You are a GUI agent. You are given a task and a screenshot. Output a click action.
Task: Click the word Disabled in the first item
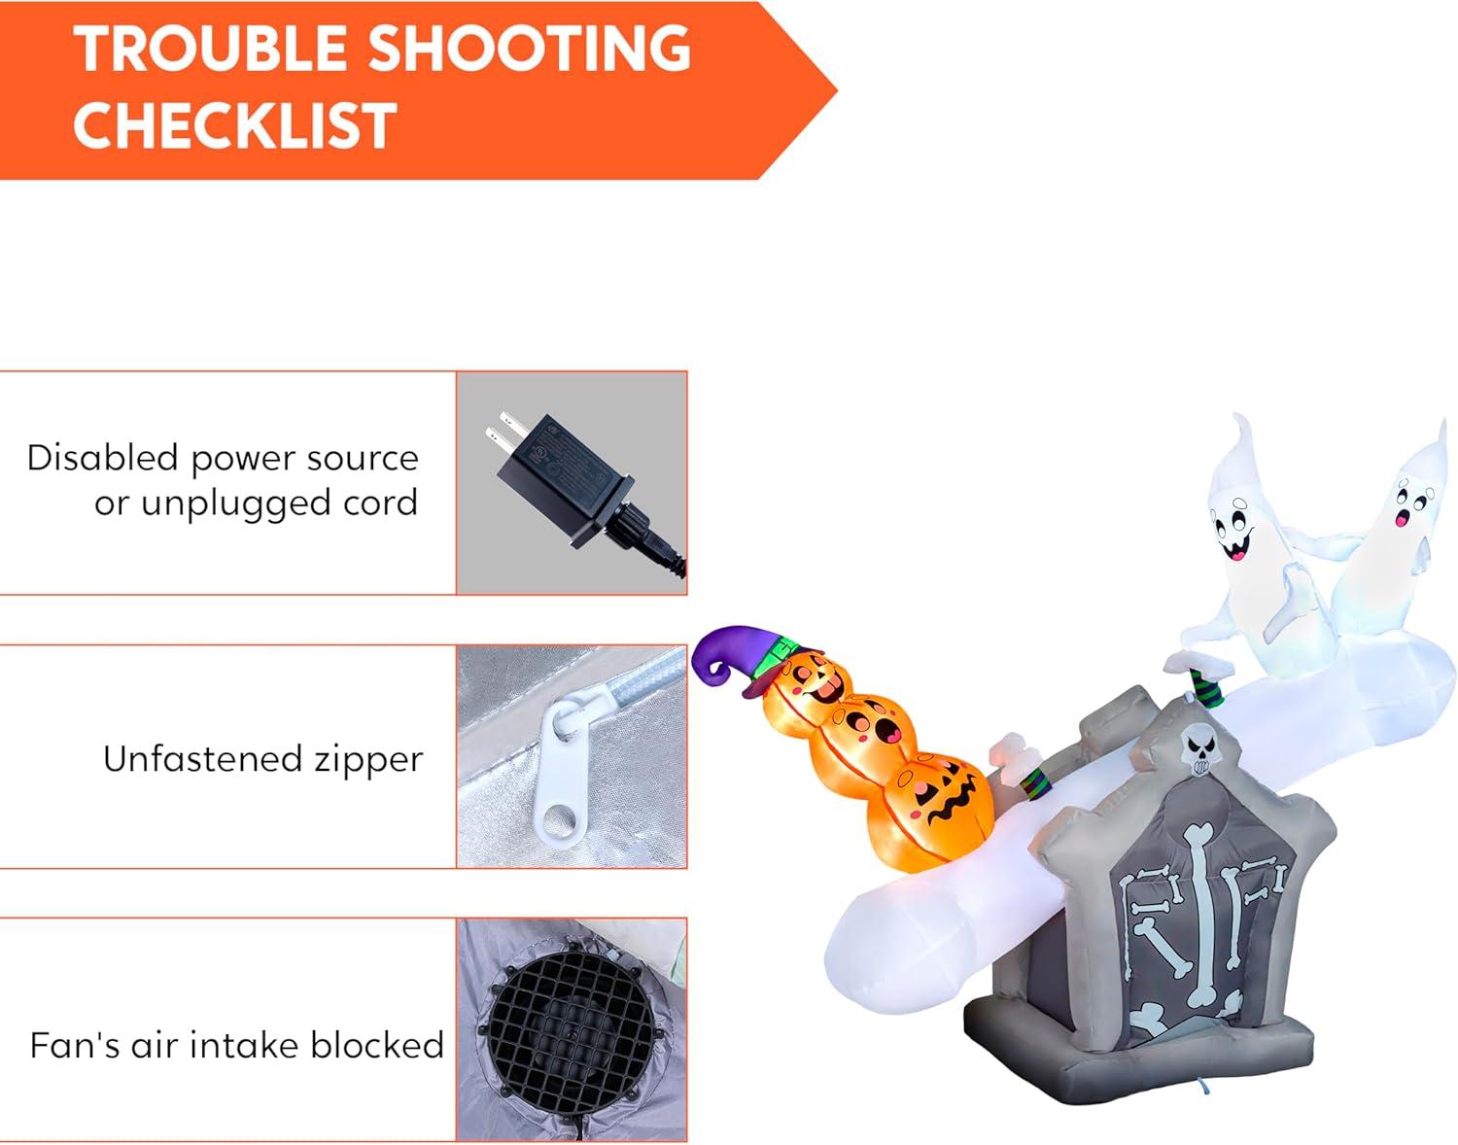tap(103, 458)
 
